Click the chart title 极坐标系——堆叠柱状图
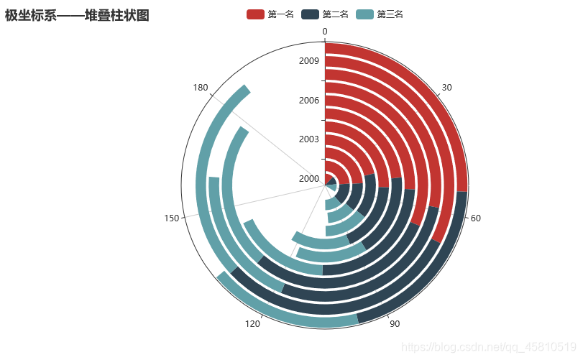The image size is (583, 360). point(77,16)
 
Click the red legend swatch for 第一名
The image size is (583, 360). point(255,14)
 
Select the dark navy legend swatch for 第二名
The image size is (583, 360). point(310,14)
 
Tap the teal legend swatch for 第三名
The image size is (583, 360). point(364,14)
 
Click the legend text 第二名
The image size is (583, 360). point(336,14)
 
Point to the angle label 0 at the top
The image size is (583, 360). point(325,32)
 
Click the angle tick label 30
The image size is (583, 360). point(446,88)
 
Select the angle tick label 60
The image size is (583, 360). point(476,218)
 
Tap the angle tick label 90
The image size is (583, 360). point(395,324)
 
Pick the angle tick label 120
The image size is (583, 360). point(252,324)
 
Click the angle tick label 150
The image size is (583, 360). point(171,218)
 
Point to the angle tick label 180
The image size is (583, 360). point(201,88)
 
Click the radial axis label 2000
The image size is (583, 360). point(309,179)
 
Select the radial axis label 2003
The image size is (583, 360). point(309,139)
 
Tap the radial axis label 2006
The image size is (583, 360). point(309,100)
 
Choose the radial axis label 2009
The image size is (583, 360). point(309,60)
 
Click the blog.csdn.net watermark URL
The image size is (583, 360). point(489,347)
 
